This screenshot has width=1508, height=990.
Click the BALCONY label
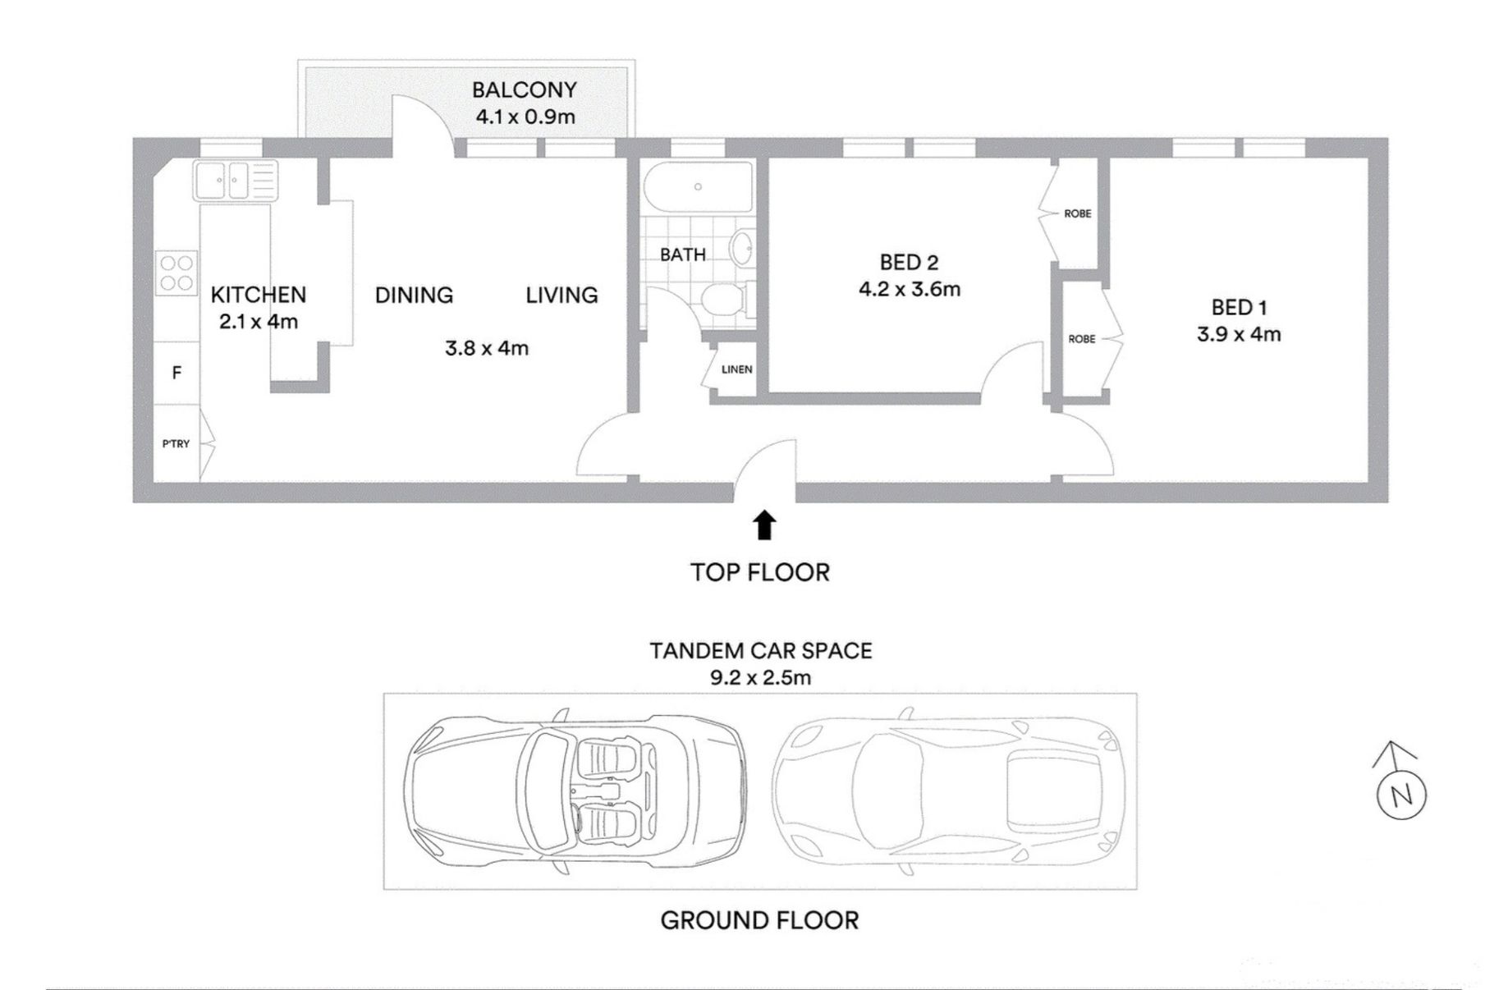tap(524, 89)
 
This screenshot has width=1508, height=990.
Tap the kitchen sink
tap(236, 181)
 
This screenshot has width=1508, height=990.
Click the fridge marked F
tap(176, 374)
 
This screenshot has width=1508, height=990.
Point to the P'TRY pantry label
tap(176, 444)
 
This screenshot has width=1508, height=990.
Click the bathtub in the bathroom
tap(698, 187)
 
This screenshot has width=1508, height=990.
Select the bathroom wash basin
tap(743, 248)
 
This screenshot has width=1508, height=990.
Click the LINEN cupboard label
tap(737, 369)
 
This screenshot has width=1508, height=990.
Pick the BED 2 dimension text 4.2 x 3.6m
tap(910, 289)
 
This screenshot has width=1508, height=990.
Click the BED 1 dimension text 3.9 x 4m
tap(1239, 334)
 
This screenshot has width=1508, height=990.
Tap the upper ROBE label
tap(1078, 213)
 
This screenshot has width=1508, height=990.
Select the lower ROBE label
tap(1082, 339)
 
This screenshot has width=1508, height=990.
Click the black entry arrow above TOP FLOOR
tap(765, 525)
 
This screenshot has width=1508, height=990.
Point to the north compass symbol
tap(1400, 784)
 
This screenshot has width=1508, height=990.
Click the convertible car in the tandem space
tap(575, 791)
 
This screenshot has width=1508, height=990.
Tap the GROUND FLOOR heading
tap(759, 920)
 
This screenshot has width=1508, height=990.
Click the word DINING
tap(414, 296)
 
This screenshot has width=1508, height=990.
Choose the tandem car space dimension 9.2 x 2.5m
tap(760, 677)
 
